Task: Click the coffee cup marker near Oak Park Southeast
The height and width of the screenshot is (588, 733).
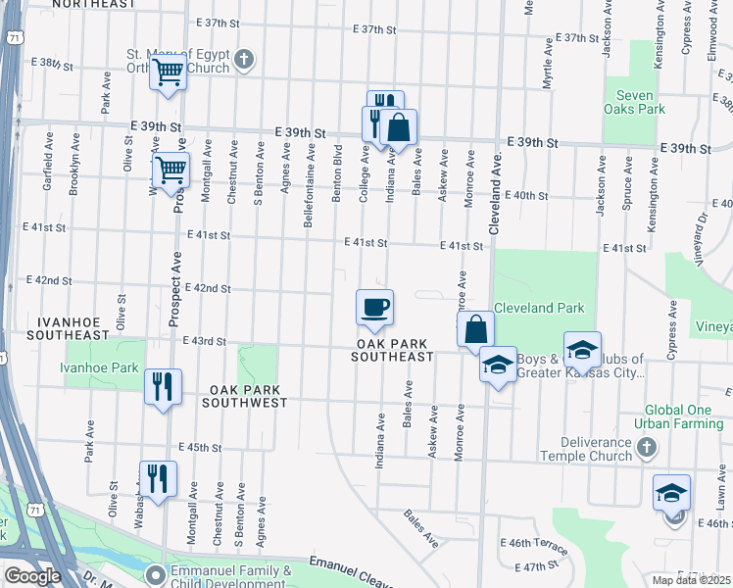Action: [374, 308]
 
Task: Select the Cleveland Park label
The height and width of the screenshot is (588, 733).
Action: [538, 308]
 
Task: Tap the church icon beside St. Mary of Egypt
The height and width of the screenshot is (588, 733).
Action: [243, 62]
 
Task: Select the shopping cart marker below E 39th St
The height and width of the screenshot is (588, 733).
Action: [171, 171]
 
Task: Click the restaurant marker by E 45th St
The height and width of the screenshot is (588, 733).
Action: [158, 478]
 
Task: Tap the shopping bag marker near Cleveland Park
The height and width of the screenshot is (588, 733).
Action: [475, 329]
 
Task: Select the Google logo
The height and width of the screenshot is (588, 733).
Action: [32, 576]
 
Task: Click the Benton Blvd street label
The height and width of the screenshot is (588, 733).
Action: [337, 175]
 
